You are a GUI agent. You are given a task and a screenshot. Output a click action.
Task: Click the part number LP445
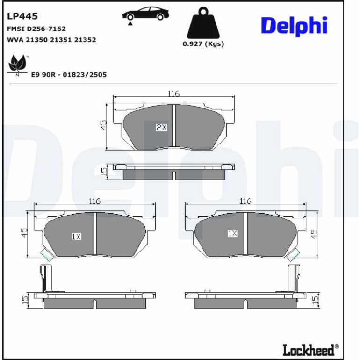click(x=22, y=16)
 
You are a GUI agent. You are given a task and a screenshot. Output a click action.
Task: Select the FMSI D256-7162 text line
click(x=36, y=29)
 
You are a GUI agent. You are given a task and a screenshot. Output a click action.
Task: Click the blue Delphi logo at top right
click(x=294, y=26)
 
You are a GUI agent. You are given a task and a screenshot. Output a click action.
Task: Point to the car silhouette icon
click(x=145, y=14)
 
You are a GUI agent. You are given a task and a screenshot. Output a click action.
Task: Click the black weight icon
click(x=203, y=23)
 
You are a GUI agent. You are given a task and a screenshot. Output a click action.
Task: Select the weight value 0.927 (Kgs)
click(x=203, y=43)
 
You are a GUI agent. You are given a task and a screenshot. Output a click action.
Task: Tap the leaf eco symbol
click(x=17, y=65)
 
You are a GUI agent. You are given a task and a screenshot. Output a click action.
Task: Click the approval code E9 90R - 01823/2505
click(x=69, y=75)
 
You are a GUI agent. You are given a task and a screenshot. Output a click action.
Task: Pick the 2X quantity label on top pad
click(x=162, y=127)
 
